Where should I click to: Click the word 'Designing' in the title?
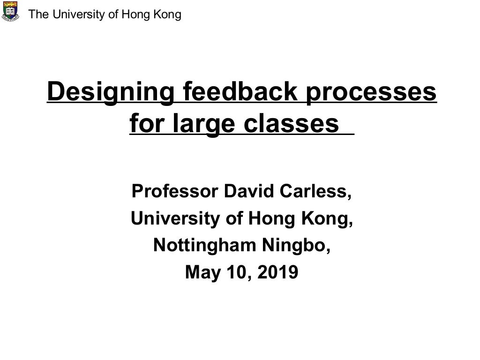coord(110,92)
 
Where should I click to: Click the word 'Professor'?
coord(174,191)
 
